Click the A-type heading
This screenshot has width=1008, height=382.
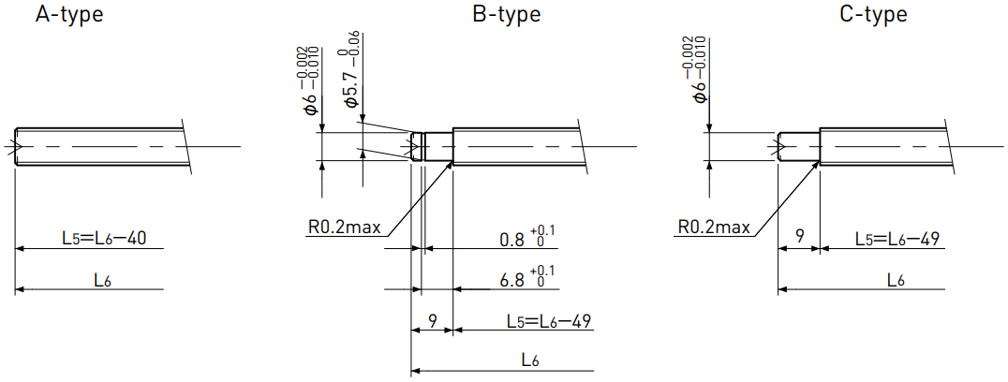pos(68,13)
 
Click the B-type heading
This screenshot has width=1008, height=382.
pos(506,13)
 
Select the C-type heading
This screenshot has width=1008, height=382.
pos(874,13)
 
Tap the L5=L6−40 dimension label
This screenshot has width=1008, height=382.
pos(104,238)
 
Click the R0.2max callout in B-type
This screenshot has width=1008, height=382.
pos(345,227)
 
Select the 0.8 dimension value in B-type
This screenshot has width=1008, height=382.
pos(512,239)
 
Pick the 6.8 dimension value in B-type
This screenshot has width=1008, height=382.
pos(512,281)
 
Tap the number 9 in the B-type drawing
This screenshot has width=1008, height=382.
pos(433,321)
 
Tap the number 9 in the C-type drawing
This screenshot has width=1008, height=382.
pos(799,236)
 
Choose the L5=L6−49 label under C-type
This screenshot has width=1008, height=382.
pos(897,238)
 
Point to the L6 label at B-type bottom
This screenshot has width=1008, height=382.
pos(529,361)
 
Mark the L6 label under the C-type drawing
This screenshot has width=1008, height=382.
pos(897,281)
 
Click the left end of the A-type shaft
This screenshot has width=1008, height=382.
pos(15,147)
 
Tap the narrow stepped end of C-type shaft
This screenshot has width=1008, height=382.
pos(799,147)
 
